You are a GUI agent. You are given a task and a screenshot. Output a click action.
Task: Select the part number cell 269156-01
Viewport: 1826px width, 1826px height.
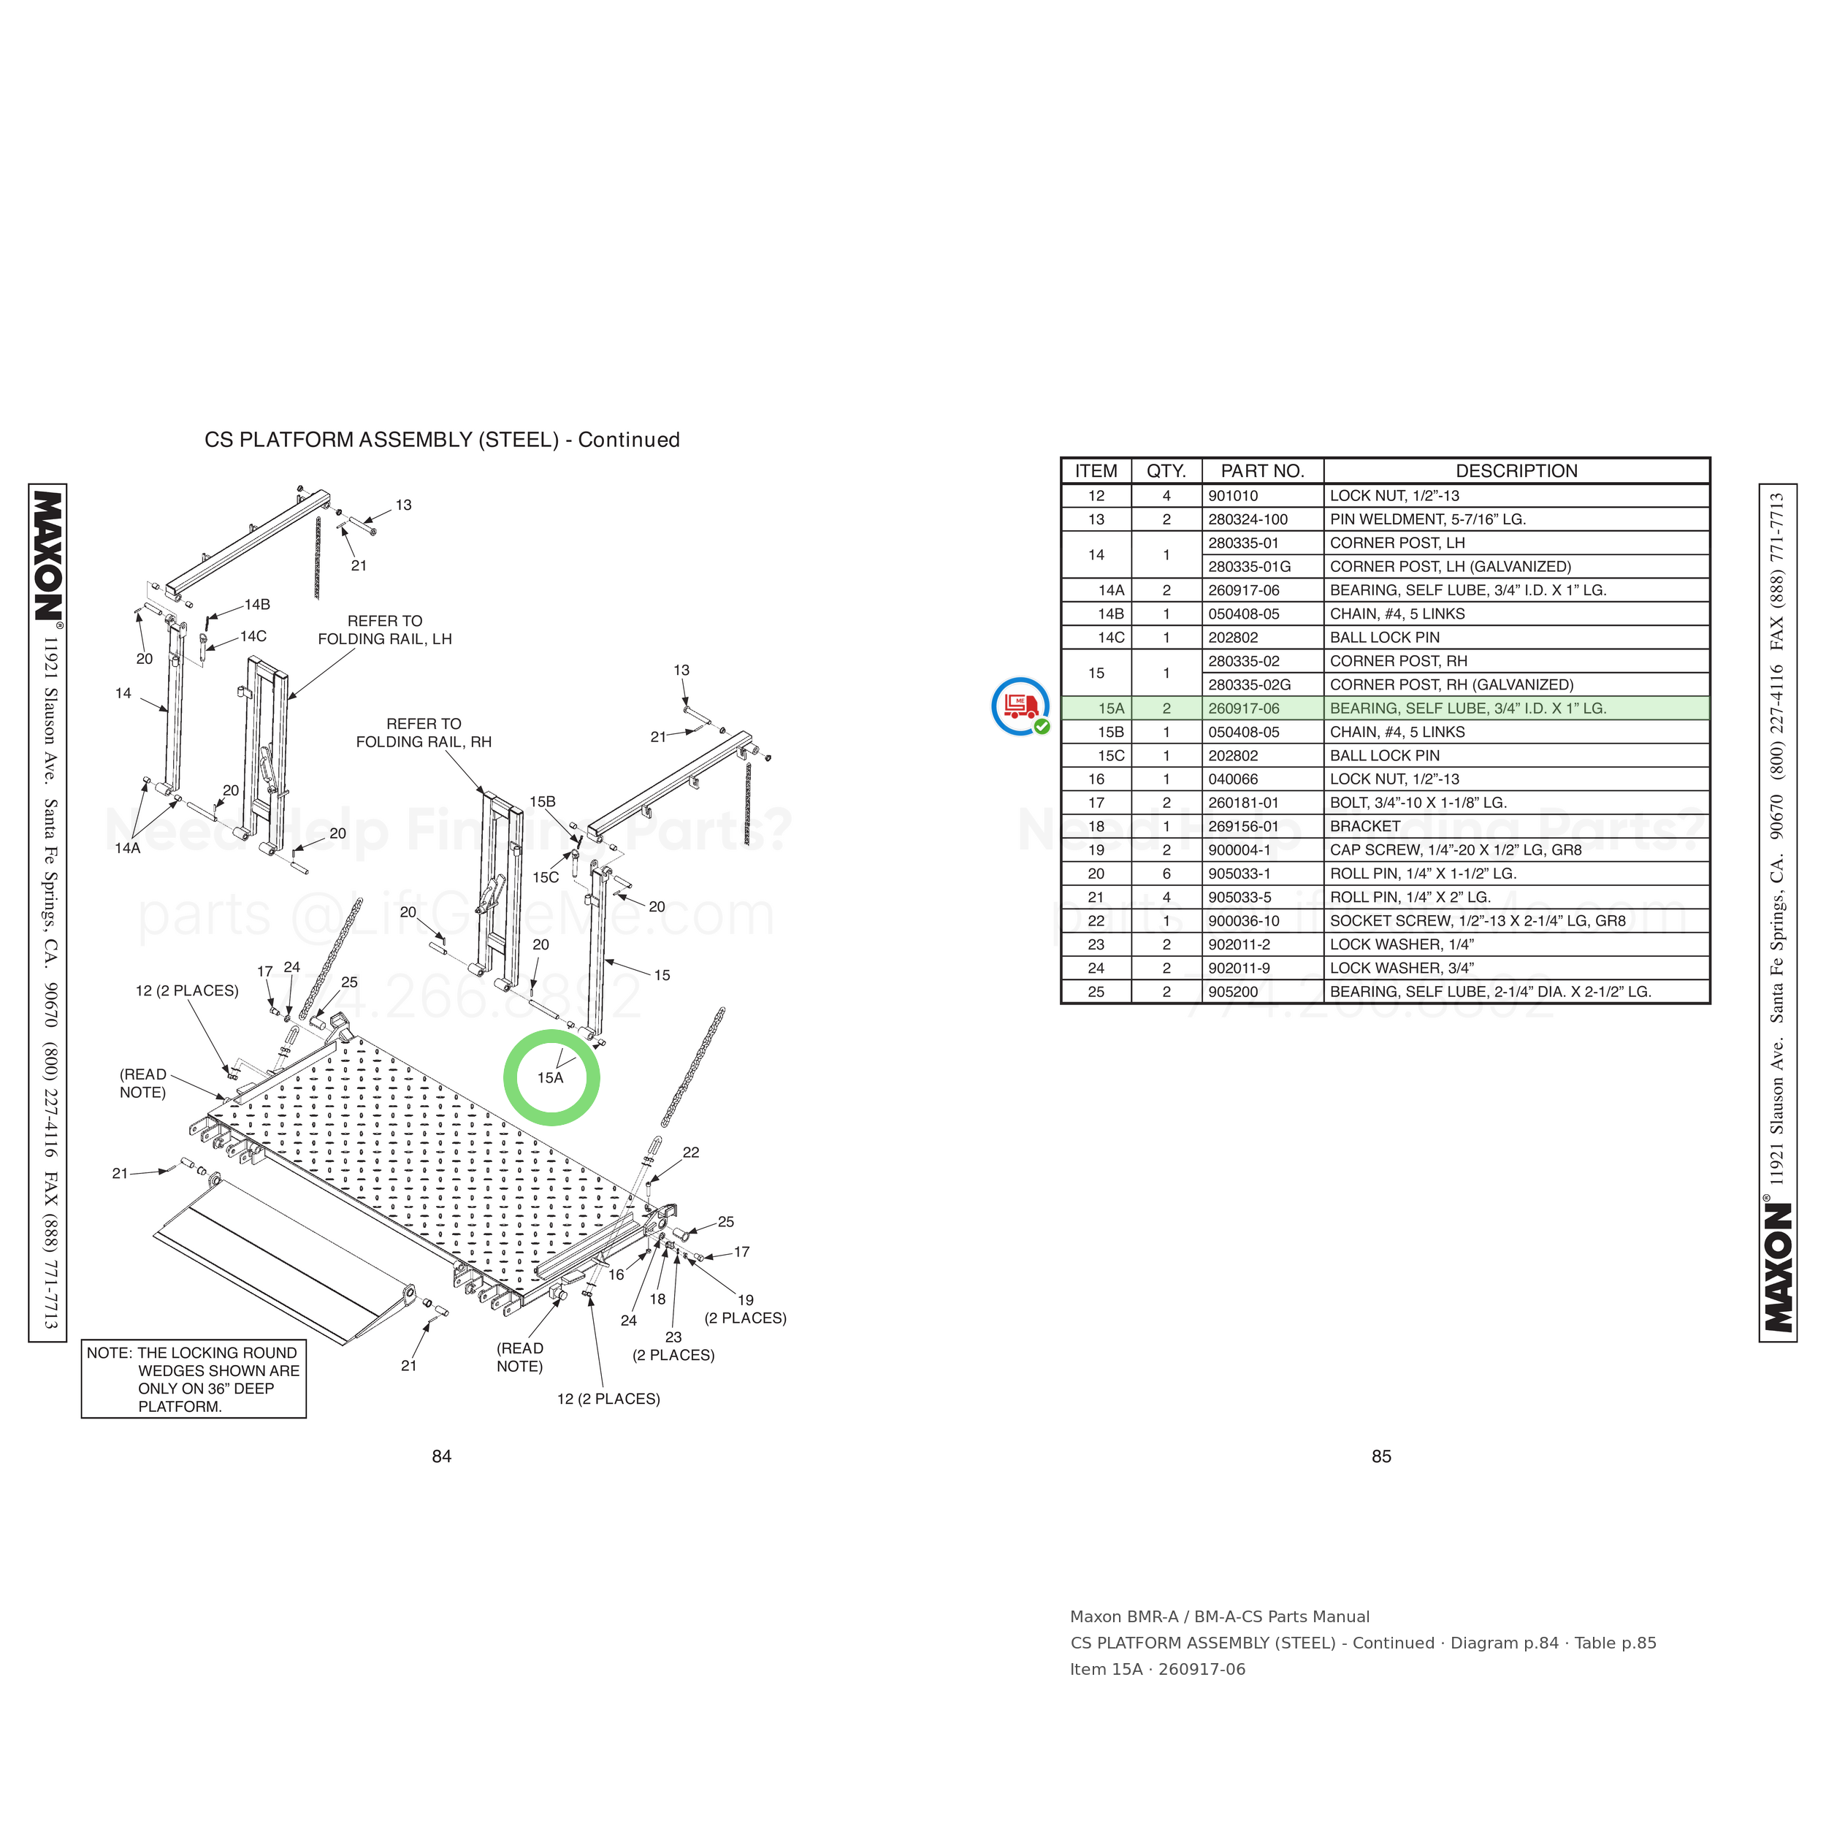(1243, 826)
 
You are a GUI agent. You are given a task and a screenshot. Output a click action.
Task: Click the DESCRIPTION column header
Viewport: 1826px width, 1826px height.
(1516, 470)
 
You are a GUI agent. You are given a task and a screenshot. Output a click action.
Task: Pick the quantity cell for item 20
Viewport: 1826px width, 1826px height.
(1166, 874)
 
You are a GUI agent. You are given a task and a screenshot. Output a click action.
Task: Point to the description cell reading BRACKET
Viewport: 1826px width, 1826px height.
(1365, 826)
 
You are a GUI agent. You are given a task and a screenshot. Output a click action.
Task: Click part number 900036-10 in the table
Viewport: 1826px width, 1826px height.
(1244, 920)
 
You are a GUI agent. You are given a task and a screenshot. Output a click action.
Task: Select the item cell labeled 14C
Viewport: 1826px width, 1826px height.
(1112, 637)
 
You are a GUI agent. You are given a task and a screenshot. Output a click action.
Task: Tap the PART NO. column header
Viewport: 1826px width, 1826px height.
(1263, 470)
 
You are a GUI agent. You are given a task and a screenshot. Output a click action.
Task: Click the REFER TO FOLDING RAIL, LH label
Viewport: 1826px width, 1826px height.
(385, 630)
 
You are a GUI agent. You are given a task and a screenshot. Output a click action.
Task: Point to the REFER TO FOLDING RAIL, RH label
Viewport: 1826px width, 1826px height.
(424, 733)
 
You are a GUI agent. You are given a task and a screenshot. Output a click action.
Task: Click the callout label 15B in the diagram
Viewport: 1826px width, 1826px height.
(543, 801)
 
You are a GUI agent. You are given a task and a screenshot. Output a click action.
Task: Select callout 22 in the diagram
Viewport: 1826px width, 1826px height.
(691, 1152)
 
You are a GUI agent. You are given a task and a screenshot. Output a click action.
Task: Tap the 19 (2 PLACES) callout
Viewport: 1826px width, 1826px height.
(745, 1309)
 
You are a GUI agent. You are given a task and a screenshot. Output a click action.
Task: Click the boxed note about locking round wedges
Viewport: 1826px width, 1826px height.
(194, 1379)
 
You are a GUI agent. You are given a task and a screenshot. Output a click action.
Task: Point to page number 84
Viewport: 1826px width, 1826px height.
(441, 1456)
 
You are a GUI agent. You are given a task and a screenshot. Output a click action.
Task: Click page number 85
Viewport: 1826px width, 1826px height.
(1381, 1456)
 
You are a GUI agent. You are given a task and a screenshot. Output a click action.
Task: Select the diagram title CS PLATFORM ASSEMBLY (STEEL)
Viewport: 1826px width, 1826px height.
(382, 440)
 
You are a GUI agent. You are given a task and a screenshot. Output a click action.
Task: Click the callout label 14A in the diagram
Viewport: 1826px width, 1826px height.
(128, 848)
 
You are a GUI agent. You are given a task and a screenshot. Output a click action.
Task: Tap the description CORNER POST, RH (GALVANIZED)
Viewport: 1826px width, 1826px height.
(1451, 684)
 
